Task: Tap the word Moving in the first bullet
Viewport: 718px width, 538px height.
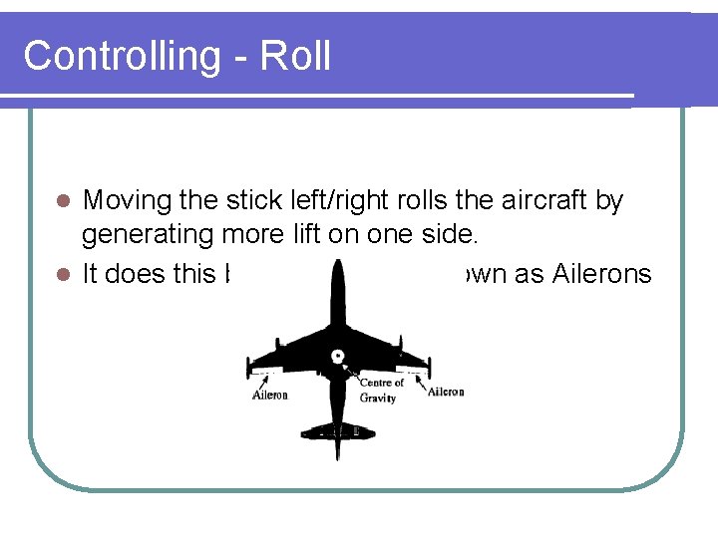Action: (x=128, y=201)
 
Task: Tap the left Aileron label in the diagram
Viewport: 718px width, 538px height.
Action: (x=269, y=395)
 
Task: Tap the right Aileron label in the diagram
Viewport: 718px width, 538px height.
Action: (x=445, y=392)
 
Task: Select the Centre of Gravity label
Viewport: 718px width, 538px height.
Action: (x=380, y=390)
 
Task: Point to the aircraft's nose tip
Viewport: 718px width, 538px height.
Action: (x=339, y=262)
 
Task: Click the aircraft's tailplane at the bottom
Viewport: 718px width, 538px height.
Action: (x=339, y=428)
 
